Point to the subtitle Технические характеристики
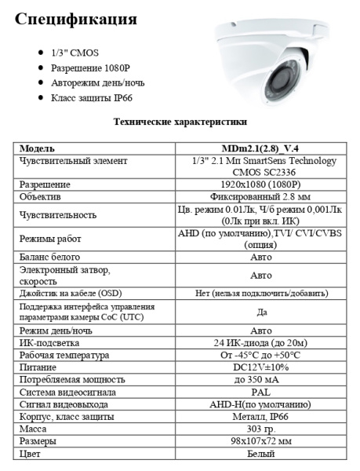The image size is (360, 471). tap(180, 122)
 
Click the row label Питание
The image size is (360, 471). tap(39, 367)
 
